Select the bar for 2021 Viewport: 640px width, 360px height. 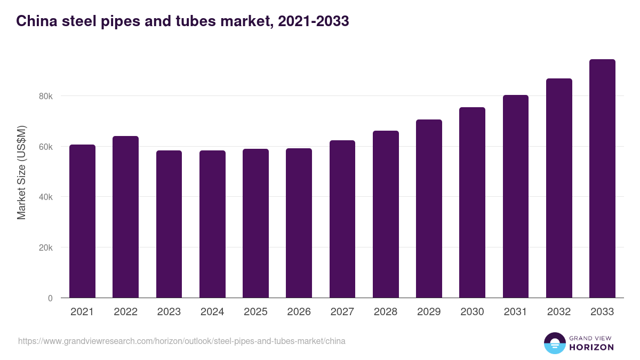(x=82, y=221)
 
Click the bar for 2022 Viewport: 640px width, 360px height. (x=125, y=217)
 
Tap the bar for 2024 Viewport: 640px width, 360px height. (x=212, y=224)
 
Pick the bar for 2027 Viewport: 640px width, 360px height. (x=342, y=219)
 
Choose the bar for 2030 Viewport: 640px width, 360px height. (x=472, y=203)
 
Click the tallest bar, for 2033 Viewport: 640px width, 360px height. (x=602, y=179)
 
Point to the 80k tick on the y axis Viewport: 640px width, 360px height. (x=45, y=97)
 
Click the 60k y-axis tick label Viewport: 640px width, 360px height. (x=45, y=147)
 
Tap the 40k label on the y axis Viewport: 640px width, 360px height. (x=45, y=197)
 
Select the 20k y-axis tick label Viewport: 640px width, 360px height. (x=45, y=248)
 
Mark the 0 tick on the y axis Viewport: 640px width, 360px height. (x=50, y=298)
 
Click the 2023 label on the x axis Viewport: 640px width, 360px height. (x=169, y=312)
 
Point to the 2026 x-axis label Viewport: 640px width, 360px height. (x=299, y=312)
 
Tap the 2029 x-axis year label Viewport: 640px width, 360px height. (x=429, y=312)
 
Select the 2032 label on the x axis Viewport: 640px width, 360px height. (x=559, y=312)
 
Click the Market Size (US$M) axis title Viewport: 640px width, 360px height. (x=21, y=172)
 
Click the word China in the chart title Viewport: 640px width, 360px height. (x=36, y=21)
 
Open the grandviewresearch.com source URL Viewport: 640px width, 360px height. (x=182, y=341)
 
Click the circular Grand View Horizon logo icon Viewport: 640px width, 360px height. (x=555, y=343)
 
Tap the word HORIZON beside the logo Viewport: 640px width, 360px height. (x=591, y=347)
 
